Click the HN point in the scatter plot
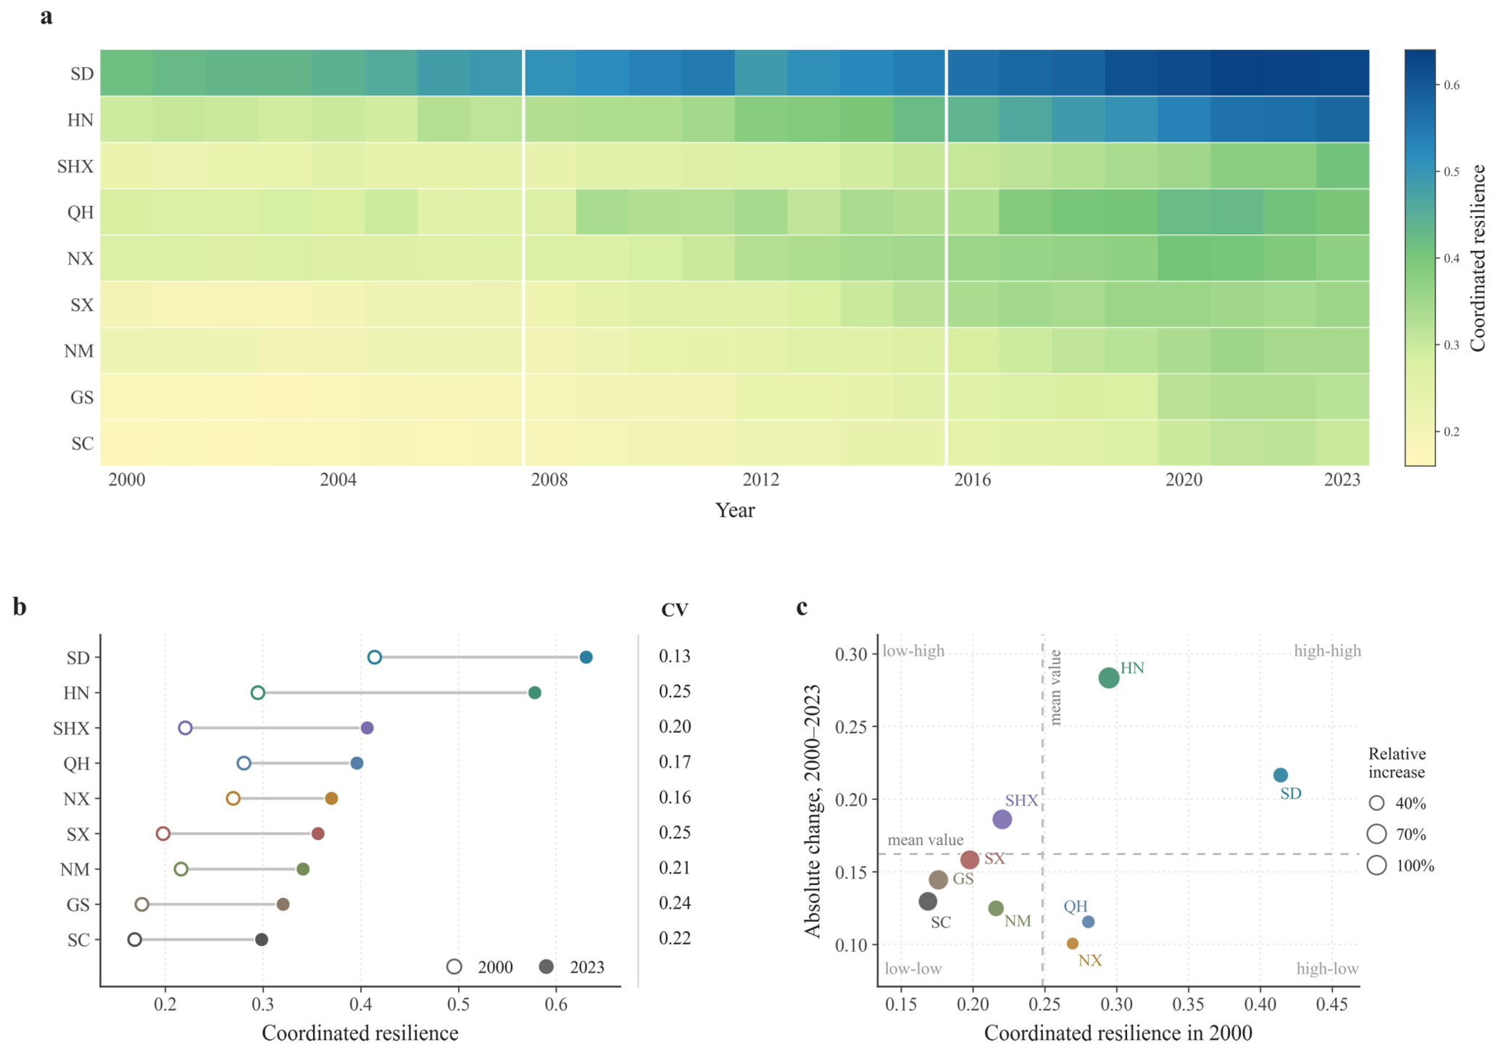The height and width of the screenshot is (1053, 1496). (x=1108, y=678)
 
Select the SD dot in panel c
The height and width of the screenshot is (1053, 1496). (x=1281, y=775)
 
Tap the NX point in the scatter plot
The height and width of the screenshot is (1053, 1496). (x=1073, y=944)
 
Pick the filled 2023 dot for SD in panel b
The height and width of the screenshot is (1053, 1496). (x=586, y=657)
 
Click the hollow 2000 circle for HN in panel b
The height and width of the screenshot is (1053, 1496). (x=258, y=693)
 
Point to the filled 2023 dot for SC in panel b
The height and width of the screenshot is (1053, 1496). (x=262, y=940)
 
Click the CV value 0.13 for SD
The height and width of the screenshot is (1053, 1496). (x=675, y=657)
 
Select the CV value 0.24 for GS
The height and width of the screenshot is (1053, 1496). (x=675, y=903)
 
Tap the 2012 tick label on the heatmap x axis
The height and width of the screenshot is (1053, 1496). (x=761, y=480)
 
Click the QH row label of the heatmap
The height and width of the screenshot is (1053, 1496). (x=80, y=212)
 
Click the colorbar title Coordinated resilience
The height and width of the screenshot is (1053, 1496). (x=1478, y=258)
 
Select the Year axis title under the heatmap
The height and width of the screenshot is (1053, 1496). (x=735, y=510)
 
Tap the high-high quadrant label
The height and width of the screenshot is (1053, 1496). (x=1328, y=651)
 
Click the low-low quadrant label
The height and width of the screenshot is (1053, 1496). (x=913, y=969)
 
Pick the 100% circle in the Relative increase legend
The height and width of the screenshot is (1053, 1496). (x=1377, y=865)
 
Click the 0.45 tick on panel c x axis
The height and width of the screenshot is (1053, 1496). (x=1332, y=1004)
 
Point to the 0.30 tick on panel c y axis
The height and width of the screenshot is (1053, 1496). (x=851, y=654)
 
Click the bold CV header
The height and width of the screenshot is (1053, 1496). (x=675, y=610)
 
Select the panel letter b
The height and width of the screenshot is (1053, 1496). (x=20, y=607)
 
